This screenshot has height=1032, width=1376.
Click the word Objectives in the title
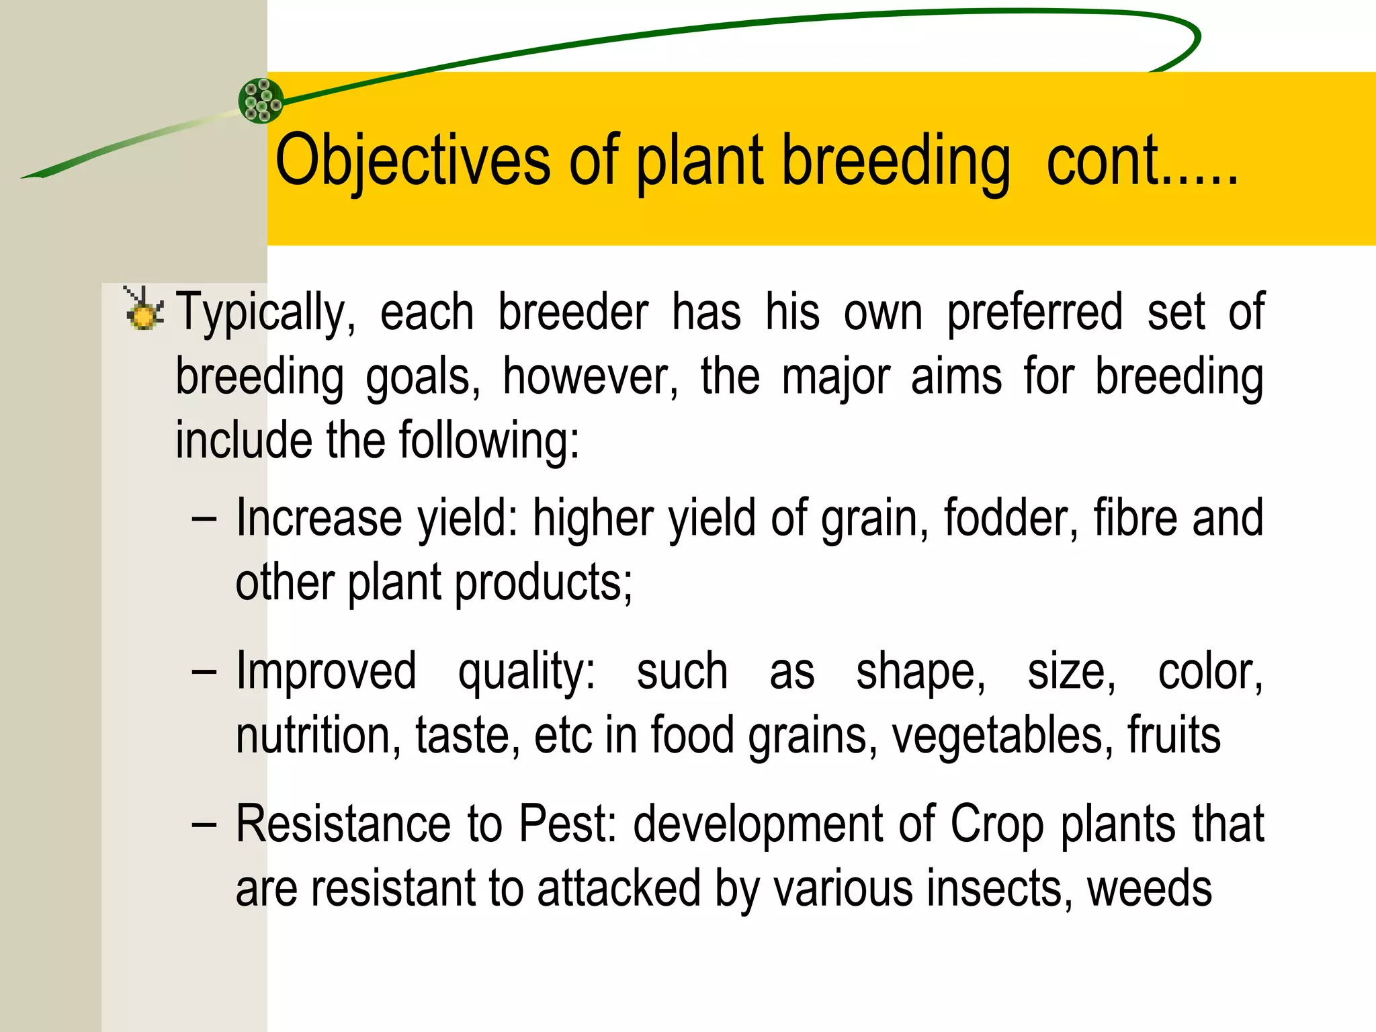(x=413, y=161)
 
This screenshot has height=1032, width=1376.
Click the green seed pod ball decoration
(x=261, y=101)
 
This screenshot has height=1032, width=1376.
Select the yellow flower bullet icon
(x=143, y=311)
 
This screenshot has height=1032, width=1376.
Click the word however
(x=590, y=378)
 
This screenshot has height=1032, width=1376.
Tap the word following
(x=488, y=441)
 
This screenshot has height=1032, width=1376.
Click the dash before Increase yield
(x=204, y=520)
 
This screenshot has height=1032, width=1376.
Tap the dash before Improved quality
(x=204, y=673)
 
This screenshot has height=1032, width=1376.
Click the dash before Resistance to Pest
(x=204, y=826)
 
